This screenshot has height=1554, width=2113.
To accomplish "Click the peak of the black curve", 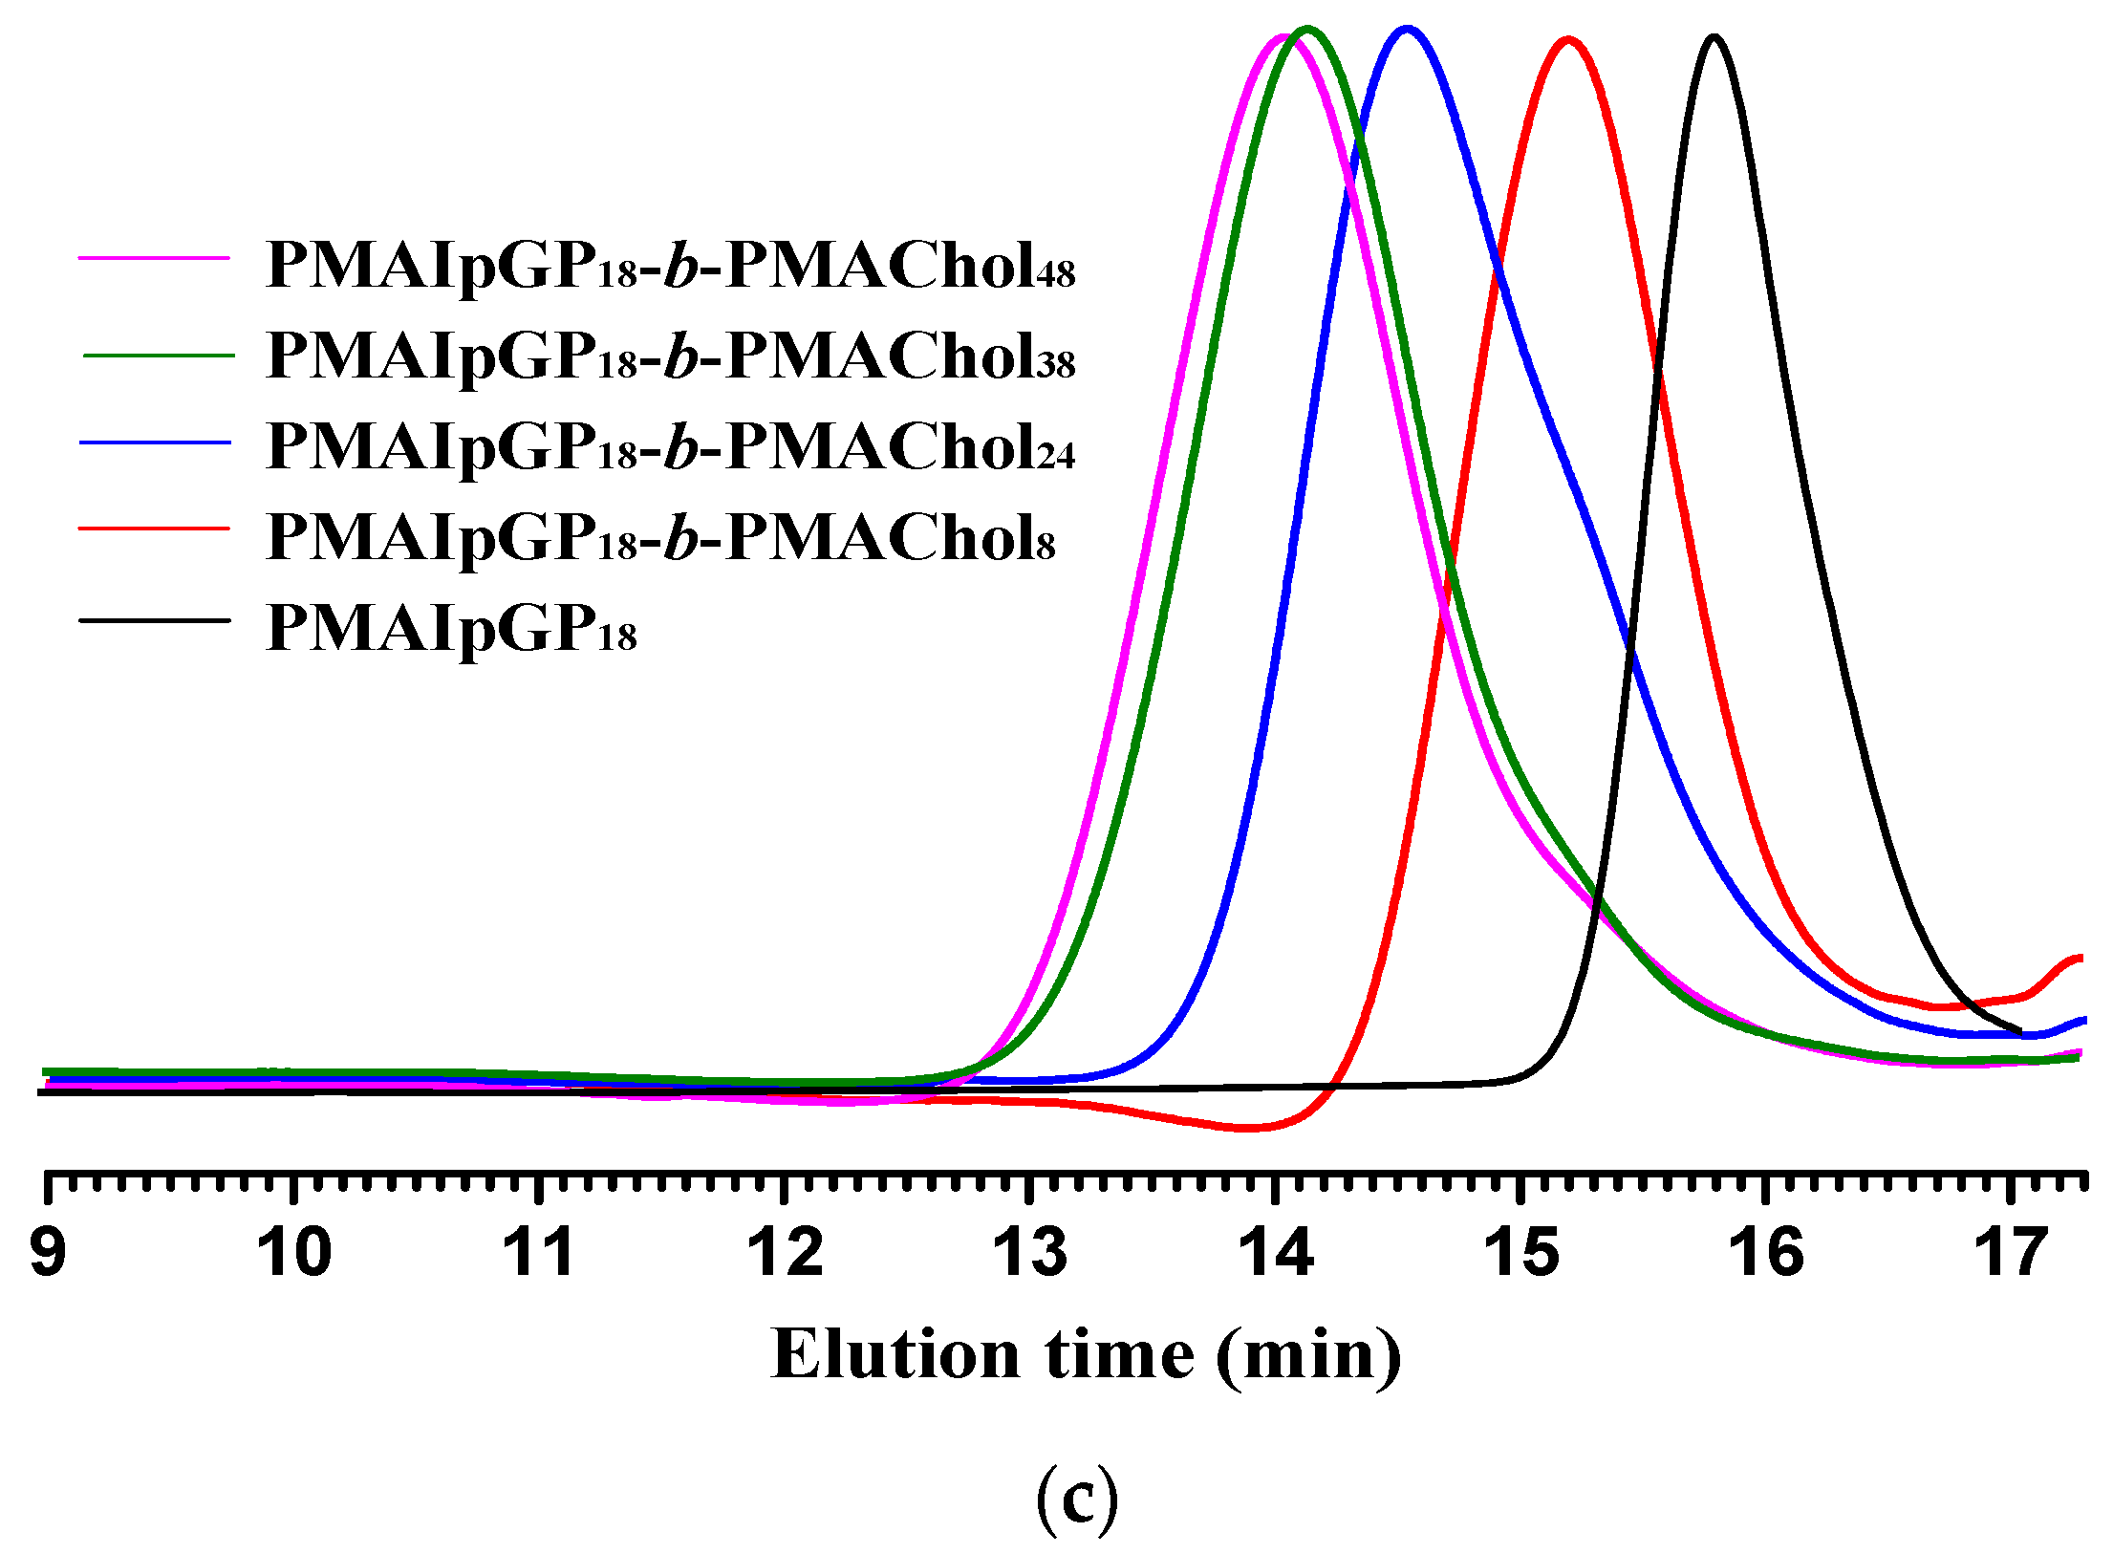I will coord(1714,37).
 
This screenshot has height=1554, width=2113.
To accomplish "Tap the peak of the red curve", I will coord(1567,39).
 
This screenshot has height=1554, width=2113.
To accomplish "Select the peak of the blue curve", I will coord(1405,29).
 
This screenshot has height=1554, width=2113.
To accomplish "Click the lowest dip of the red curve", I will coord(1247,1128).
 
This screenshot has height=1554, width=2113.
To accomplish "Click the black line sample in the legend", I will coord(155,620).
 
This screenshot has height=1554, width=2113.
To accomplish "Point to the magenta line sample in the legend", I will coord(155,258).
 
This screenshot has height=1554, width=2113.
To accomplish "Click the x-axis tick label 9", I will coord(48,1253).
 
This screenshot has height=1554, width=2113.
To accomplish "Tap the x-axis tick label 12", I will coord(785,1253).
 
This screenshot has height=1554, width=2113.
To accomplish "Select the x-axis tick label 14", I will coord(1276,1253).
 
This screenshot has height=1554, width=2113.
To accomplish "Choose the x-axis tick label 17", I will coord(2012,1253).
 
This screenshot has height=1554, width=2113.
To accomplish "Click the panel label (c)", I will coord(1077,1500).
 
